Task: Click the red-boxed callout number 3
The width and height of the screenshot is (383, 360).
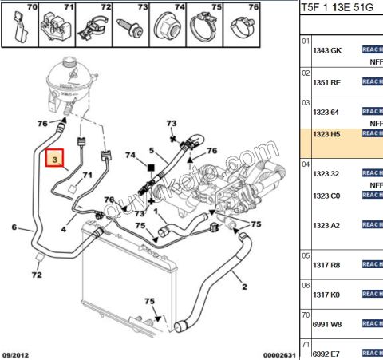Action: pyautogui.click(x=54, y=160)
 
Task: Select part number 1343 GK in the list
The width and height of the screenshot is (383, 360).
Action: pyautogui.click(x=326, y=49)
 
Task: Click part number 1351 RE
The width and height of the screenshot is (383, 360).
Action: pyautogui.click(x=326, y=81)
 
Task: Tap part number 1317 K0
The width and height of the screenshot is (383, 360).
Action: pyautogui.click(x=326, y=295)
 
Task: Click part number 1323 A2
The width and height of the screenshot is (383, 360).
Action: pyautogui.click(x=326, y=225)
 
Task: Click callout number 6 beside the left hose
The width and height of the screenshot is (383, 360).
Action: pyautogui.click(x=14, y=228)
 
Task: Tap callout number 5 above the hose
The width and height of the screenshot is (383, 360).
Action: pyautogui.click(x=151, y=150)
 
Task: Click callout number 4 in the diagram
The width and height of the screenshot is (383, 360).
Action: pyautogui.click(x=64, y=229)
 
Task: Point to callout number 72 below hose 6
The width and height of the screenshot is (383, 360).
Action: pyautogui.click(x=37, y=275)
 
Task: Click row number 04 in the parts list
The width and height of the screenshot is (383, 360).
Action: pyautogui.click(x=305, y=164)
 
